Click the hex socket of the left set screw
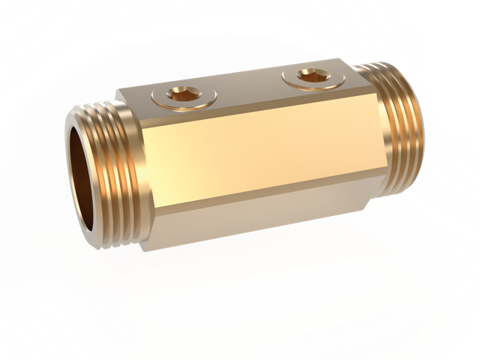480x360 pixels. click(x=182, y=94)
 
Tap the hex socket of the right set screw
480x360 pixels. click(x=310, y=75)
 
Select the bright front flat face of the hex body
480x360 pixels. click(x=255, y=154)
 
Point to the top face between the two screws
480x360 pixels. click(x=247, y=87)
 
